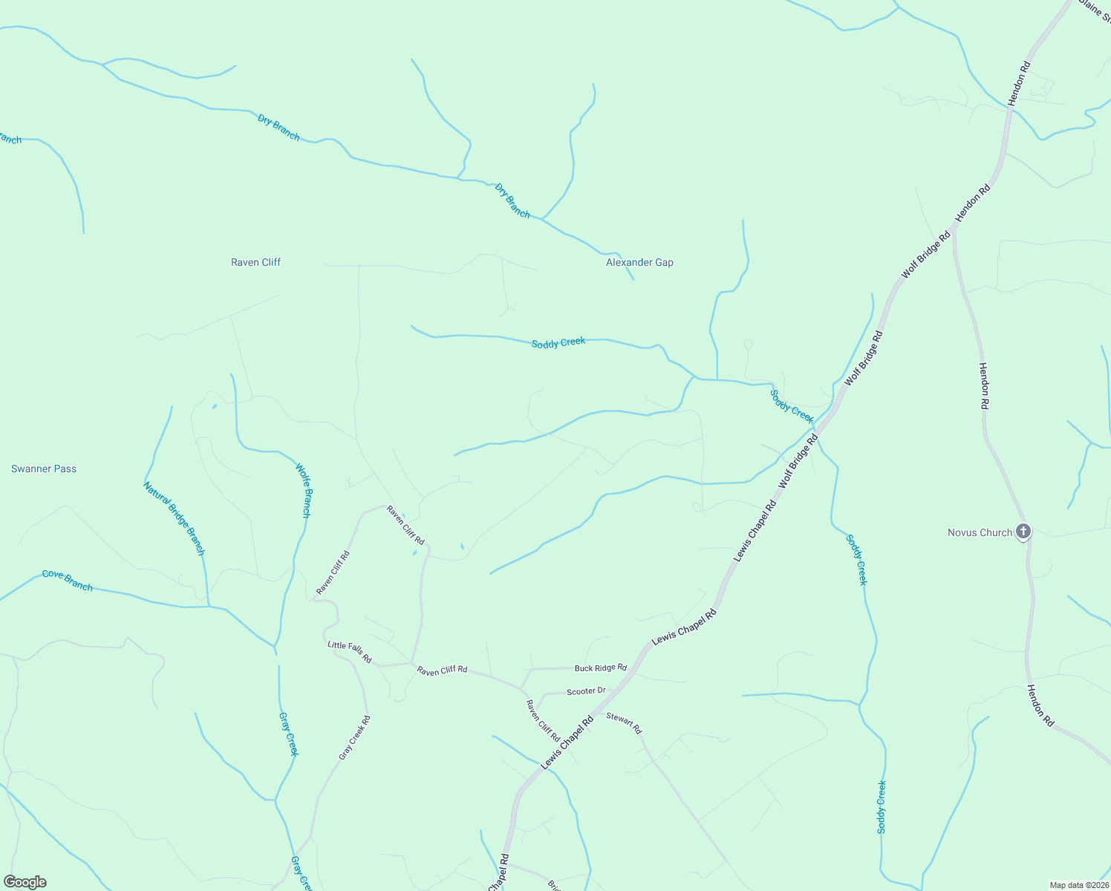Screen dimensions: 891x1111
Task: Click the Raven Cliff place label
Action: [x=255, y=262]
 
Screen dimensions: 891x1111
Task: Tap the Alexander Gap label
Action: [x=639, y=262]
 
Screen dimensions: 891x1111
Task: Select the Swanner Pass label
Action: [x=44, y=469]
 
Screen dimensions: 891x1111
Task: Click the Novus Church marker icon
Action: [x=1023, y=531]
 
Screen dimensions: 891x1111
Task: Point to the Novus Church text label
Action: [x=980, y=532]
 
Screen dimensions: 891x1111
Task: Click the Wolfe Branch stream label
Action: [x=304, y=490]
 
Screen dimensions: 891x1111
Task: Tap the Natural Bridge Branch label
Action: [x=174, y=518]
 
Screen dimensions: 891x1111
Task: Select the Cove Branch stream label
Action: [x=68, y=580]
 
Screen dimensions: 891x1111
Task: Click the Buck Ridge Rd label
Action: [x=600, y=668]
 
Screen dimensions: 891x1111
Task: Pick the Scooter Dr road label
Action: [x=586, y=691]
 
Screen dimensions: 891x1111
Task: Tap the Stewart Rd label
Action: [x=624, y=722]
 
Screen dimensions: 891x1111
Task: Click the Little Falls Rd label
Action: [x=350, y=652]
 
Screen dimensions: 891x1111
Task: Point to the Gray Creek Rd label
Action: [x=354, y=737]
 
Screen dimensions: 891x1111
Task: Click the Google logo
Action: [x=25, y=882]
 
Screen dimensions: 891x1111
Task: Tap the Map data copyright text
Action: [x=1078, y=885]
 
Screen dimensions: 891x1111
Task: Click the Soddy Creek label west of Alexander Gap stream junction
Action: [x=558, y=342]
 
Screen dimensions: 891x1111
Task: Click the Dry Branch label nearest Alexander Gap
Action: [x=512, y=200]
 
